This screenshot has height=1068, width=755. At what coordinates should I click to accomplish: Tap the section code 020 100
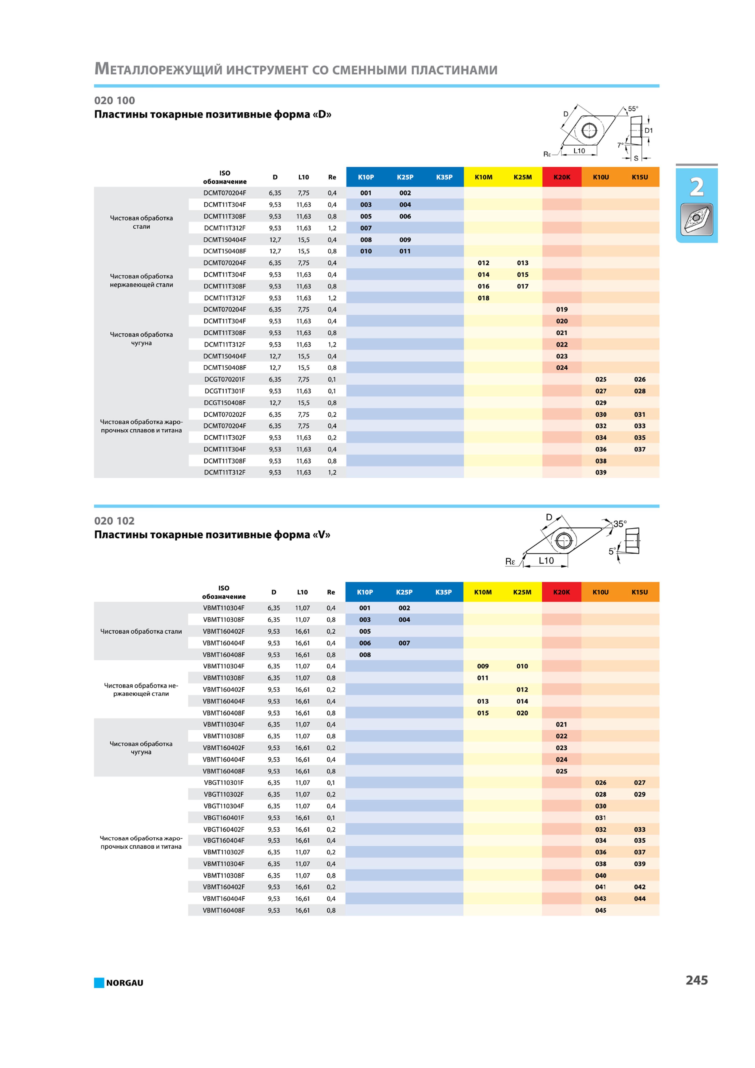114,100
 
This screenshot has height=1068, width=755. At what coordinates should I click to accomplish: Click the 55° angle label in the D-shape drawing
633,109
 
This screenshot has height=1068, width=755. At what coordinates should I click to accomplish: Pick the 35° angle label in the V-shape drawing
620,524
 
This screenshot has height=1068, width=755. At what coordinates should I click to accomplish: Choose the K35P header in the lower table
443,592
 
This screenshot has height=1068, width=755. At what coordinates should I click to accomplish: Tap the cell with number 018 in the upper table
483,298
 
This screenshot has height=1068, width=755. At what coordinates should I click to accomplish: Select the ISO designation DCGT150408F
225,403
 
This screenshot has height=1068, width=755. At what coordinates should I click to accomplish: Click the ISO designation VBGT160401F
224,818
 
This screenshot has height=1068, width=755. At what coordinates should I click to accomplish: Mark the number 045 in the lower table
601,910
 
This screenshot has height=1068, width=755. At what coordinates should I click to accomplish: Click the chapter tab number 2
696,187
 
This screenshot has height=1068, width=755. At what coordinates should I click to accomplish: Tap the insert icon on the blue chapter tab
696,220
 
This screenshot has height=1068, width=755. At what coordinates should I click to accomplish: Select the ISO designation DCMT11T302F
225,438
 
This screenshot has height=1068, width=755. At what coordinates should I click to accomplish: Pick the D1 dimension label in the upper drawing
649,131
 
